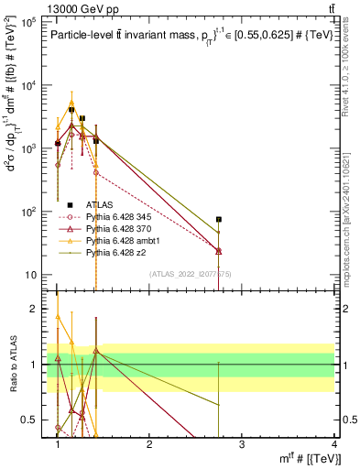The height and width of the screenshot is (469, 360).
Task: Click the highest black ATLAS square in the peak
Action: point(71,110)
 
